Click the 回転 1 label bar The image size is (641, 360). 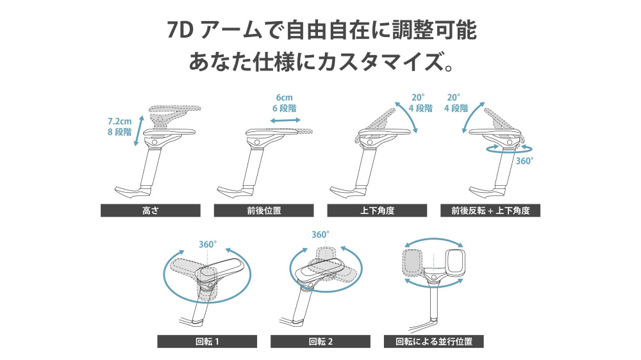(x=207, y=341)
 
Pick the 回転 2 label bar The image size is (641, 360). (x=320, y=341)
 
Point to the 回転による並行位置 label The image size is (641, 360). (x=433, y=341)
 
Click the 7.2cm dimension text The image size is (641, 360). (x=120, y=120)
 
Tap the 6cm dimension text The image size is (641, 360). (x=284, y=97)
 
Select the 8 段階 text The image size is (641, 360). (x=119, y=132)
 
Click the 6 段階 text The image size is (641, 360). (x=284, y=108)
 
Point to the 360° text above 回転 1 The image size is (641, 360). (x=208, y=244)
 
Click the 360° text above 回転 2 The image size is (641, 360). (x=320, y=234)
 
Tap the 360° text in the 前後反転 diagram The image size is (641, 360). (x=524, y=161)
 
